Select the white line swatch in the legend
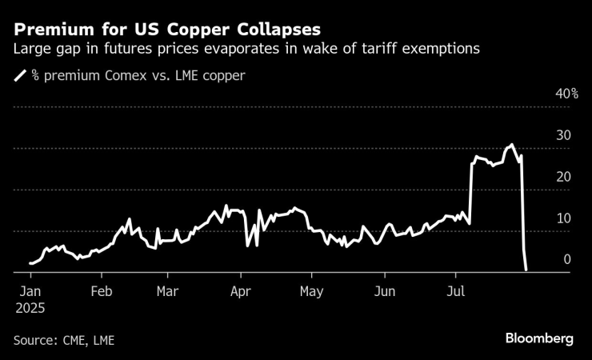(x=20, y=77)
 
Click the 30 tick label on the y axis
(x=563, y=136)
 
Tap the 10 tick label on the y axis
(x=563, y=218)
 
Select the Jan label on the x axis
(x=30, y=291)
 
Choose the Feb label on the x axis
(x=101, y=291)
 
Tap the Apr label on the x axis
(x=241, y=291)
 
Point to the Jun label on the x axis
(x=385, y=291)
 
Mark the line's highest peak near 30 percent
(x=512, y=145)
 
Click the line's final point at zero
(x=526, y=270)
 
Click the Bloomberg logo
(x=538, y=338)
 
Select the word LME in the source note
(x=103, y=340)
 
